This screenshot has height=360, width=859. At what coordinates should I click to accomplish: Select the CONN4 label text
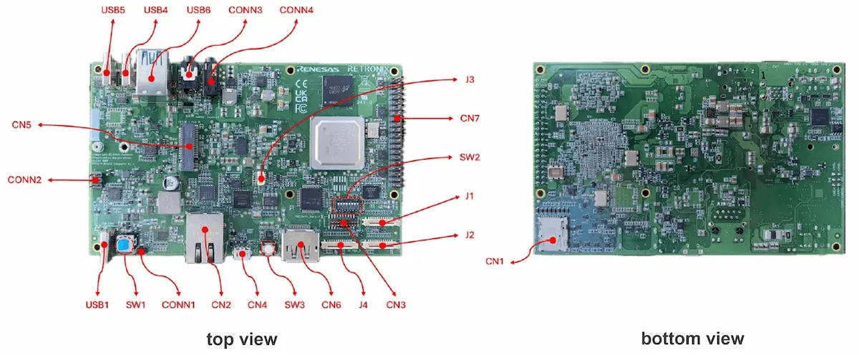coord(296,10)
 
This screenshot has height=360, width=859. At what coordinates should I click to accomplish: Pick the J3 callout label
coord(470,79)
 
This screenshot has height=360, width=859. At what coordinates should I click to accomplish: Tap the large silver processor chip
coord(338,144)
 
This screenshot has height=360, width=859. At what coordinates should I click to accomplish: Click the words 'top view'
coord(241,339)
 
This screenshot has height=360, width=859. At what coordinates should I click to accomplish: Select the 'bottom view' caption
coord(692,339)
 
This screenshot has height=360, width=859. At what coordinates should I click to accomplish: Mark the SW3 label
coord(293,305)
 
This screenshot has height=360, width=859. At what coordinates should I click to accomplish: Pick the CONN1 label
coord(179,305)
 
